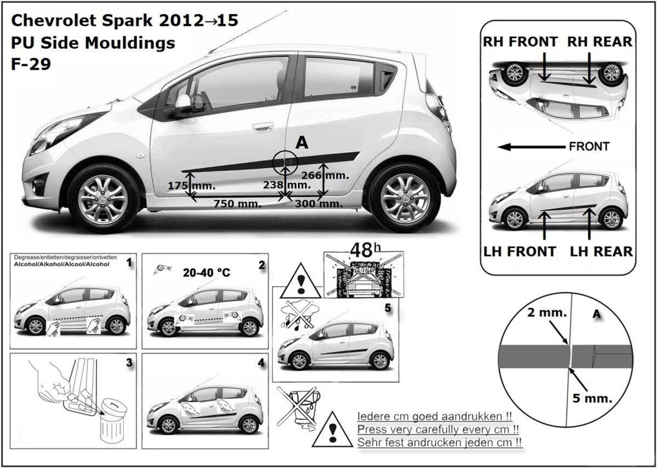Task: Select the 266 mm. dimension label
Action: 325,175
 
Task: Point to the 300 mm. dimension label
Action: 319,204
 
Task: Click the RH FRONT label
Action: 520,42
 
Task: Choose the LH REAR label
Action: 601,252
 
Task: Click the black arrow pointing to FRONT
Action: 531,147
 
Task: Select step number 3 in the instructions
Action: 128,362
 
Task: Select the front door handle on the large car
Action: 263,127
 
